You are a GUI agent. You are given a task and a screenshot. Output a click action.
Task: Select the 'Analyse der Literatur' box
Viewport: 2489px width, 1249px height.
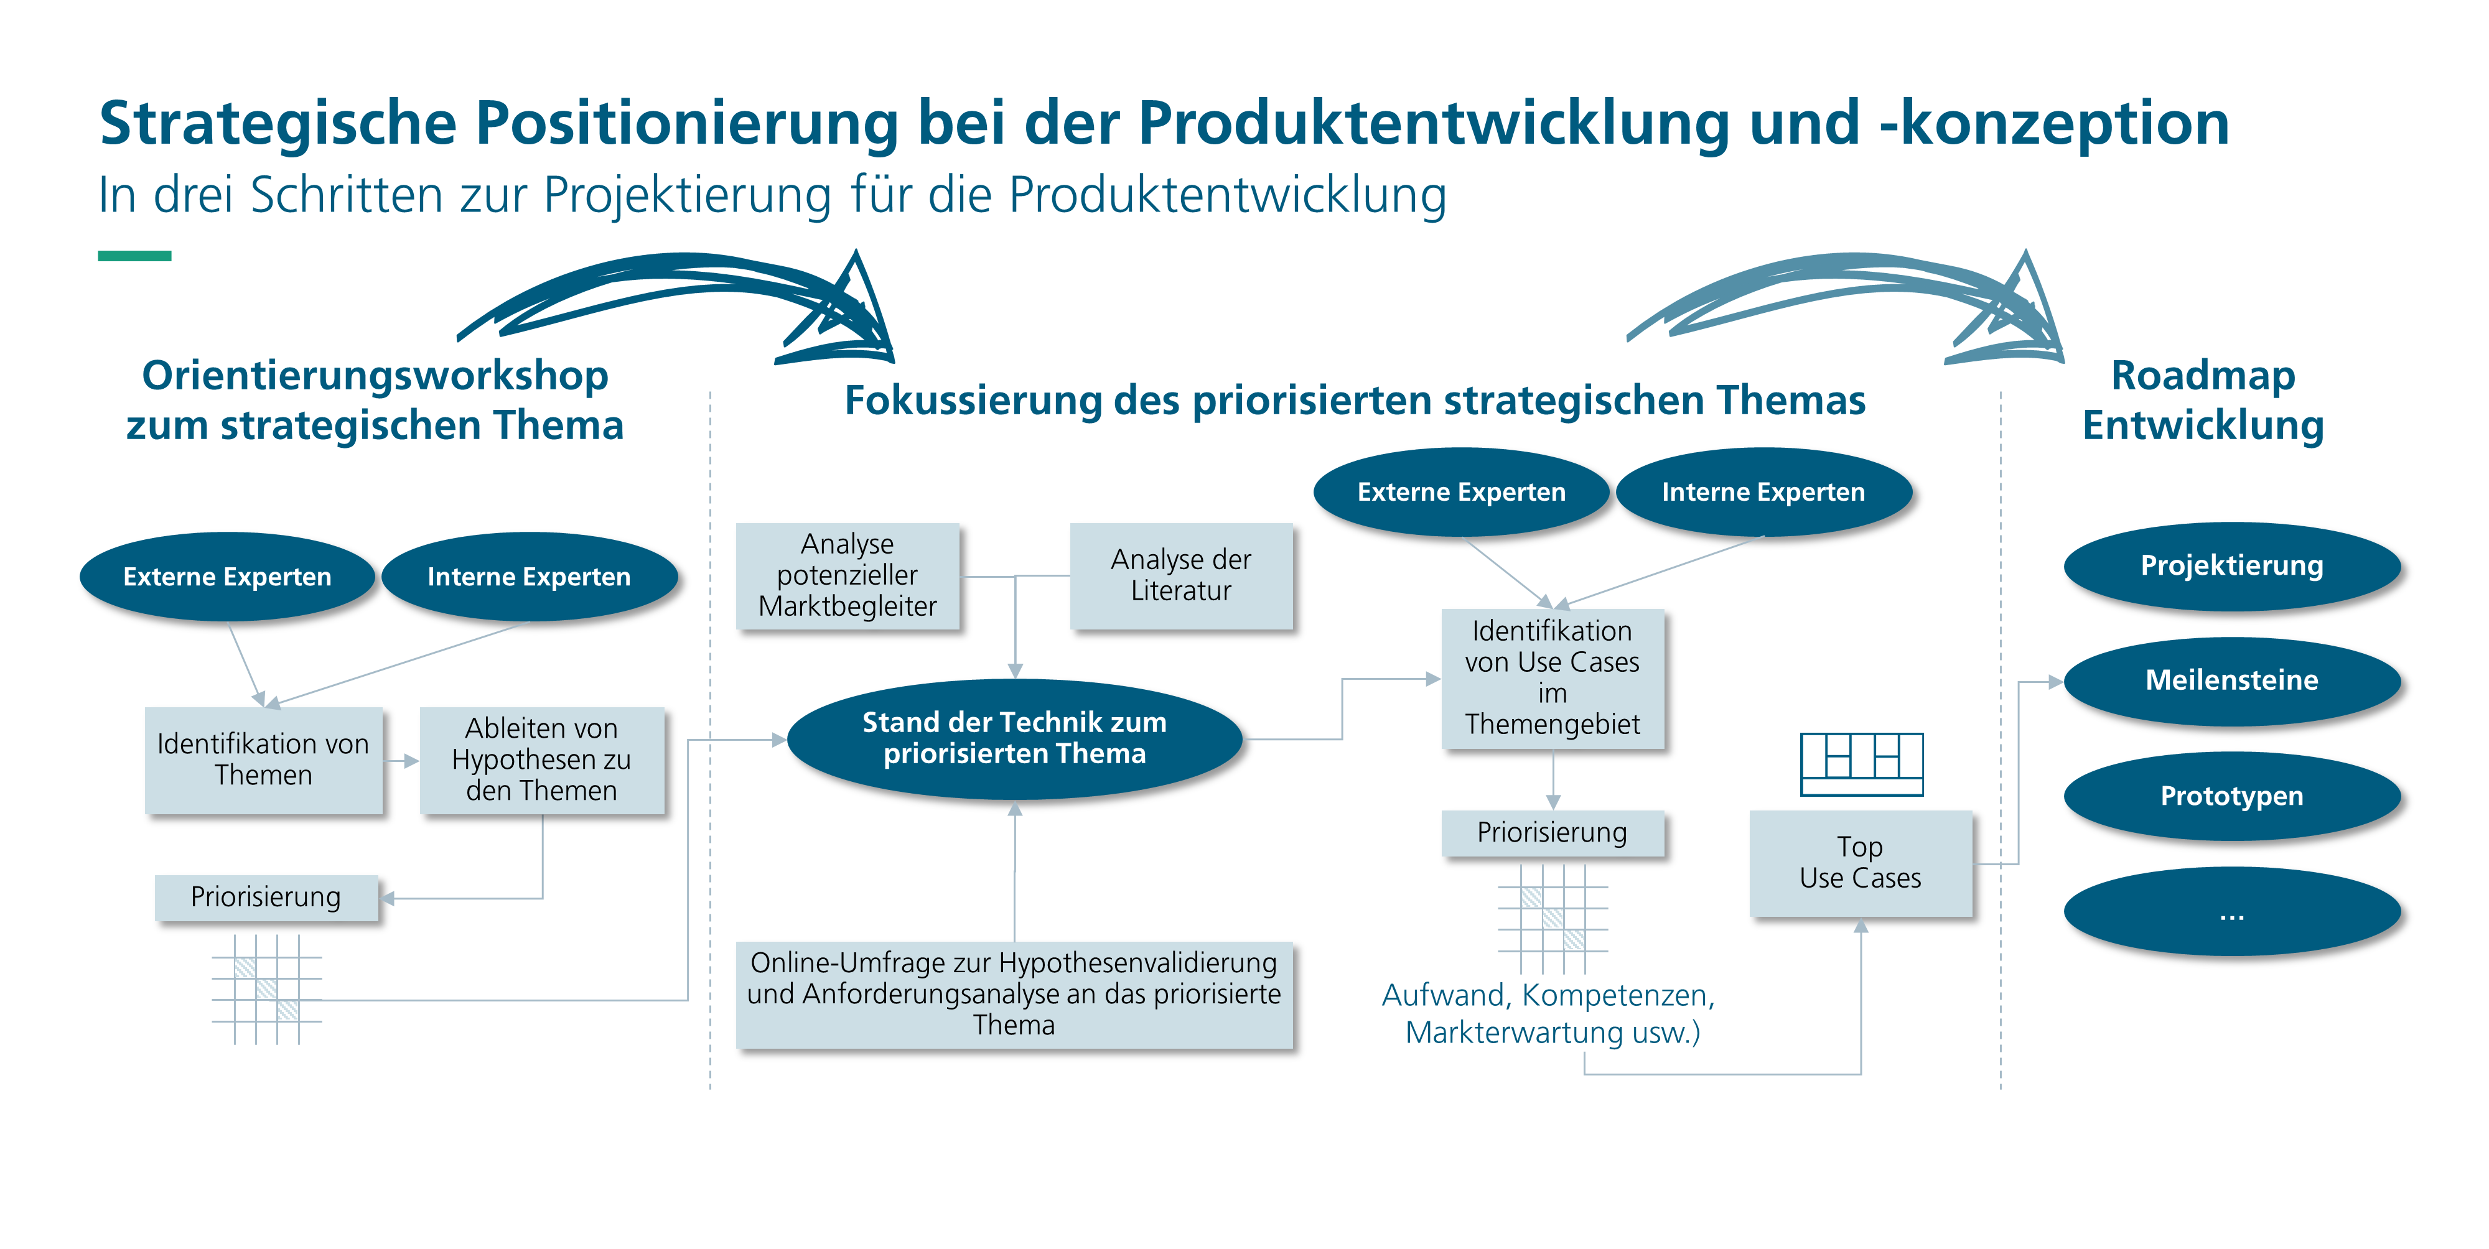(x=1181, y=576)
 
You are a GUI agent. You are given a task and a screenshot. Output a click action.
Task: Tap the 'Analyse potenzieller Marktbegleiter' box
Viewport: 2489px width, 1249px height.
(x=848, y=576)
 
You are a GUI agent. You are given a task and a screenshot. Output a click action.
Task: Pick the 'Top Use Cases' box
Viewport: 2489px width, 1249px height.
(x=1860, y=863)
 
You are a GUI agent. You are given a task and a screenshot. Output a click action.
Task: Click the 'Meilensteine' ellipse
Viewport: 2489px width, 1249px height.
(x=2232, y=680)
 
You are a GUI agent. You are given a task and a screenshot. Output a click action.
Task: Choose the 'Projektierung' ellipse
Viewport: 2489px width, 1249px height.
(x=2232, y=566)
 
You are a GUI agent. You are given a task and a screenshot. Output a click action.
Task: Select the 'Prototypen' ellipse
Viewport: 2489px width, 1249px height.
(x=2232, y=796)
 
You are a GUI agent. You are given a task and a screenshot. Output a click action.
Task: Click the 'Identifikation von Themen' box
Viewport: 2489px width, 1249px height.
(x=264, y=760)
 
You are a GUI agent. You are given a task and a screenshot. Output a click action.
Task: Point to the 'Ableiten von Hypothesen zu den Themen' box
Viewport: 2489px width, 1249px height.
(x=542, y=760)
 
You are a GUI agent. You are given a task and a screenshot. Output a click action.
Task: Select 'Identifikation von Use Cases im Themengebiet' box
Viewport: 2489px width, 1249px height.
(x=1553, y=678)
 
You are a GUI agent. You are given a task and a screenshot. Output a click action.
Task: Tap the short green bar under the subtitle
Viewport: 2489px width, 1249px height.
(x=134, y=256)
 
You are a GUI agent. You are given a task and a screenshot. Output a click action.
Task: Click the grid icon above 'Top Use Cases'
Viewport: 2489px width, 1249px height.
(x=1861, y=764)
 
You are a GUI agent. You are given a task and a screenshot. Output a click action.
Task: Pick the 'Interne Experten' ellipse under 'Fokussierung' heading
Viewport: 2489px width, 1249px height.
(x=1763, y=491)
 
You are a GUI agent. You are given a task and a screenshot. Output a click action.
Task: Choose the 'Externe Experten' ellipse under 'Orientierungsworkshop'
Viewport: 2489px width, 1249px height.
(x=227, y=577)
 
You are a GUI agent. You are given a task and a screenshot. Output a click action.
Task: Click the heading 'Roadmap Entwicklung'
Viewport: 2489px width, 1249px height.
(x=2203, y=400)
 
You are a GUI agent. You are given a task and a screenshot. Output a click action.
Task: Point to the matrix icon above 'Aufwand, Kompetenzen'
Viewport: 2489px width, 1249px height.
(x=1553, y=917)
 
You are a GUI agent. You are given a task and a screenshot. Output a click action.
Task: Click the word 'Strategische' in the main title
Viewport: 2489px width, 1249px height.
(x=278, y=124)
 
